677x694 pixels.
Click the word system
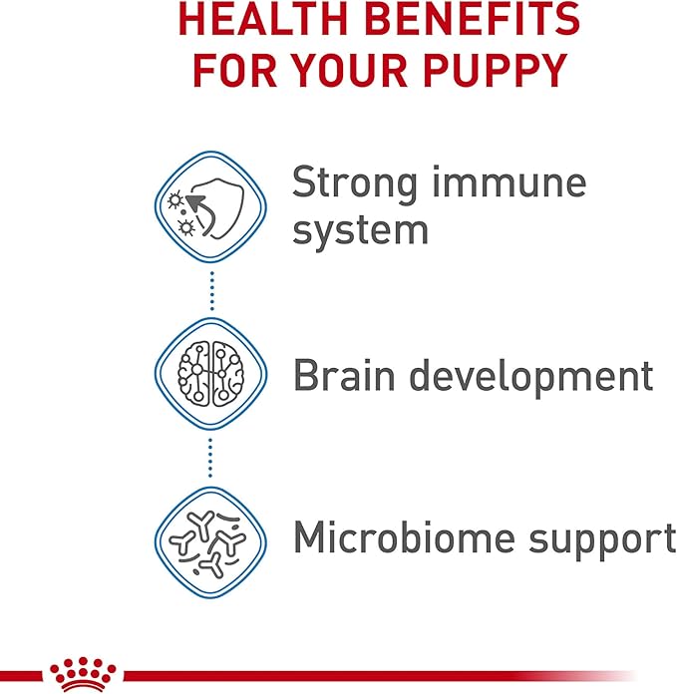(360, 230)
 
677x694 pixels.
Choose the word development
(532, 378)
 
